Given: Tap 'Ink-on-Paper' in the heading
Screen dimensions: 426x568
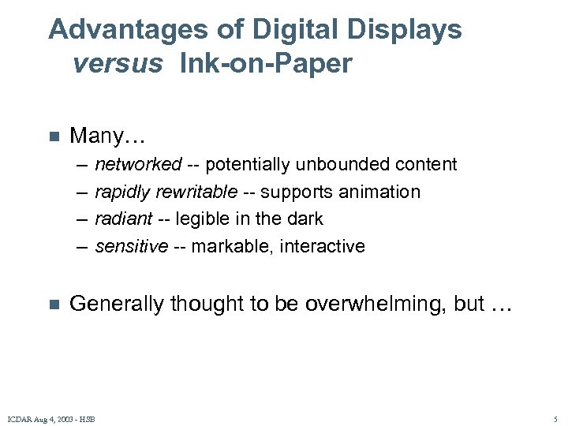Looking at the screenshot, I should [x=266, y=64].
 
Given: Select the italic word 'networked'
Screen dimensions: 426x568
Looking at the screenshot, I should [x=138, y=165].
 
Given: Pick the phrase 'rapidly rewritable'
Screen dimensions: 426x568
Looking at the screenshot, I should [x=166, y=192].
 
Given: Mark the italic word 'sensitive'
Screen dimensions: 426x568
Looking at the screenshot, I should [x=132, y=247].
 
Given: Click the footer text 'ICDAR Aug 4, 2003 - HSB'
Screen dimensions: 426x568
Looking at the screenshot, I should [x=51, y=419].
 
